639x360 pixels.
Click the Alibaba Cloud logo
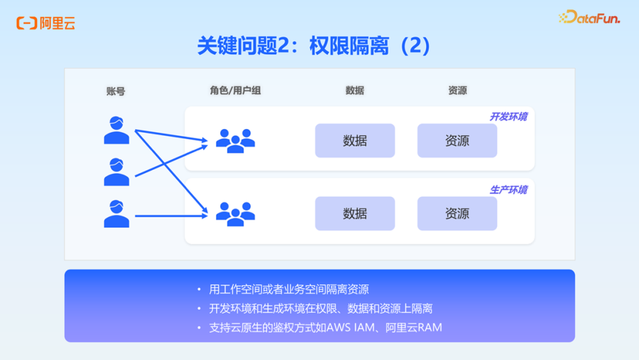click(x=46, y=23)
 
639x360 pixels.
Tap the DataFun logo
click(x=589, y=18)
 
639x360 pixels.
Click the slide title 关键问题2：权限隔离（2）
click(x=314, y=46)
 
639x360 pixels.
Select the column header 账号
click(x=116, y=91)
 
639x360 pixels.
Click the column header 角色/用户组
click(x=235, y=91)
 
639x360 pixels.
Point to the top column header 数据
click(x=354, y=91)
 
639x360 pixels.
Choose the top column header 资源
click(x=457, y=91)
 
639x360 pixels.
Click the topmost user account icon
click(x=117, y=130)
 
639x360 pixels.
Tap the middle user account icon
click(x=117, y=172)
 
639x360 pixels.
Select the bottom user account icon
click(x=117, y=214)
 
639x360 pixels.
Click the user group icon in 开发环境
click(x=235, y=141)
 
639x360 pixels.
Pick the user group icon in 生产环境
click(x=235, y=214)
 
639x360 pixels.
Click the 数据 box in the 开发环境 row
click(x=354, y=141)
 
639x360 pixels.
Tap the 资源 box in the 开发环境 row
click(x=457, y=141)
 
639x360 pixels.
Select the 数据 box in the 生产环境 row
click(x=354, y=214)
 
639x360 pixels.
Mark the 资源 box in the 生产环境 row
click(x=457, y=214)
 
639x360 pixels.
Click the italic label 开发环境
click(x=508, y=117)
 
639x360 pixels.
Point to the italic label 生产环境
click(x=508, y=190)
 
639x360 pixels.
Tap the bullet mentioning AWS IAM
click(x=325, y=327)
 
